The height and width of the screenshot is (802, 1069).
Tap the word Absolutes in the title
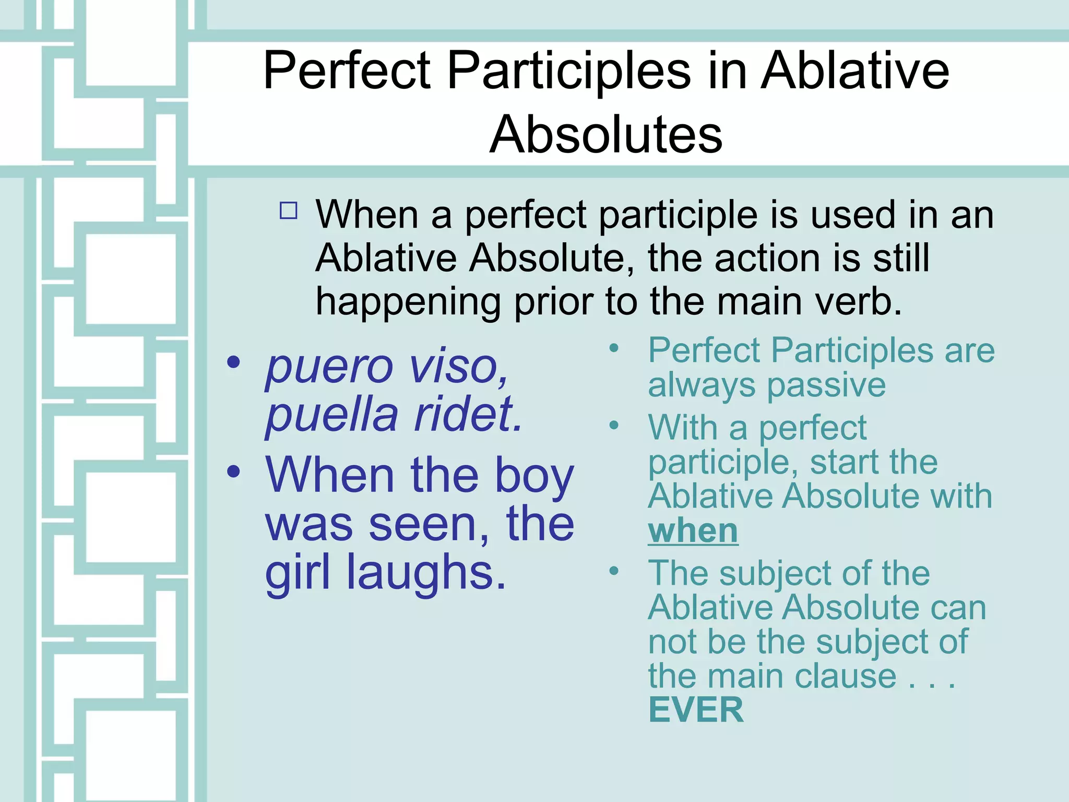click(605, 135)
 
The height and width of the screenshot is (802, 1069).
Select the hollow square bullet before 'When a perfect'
click(289, 210)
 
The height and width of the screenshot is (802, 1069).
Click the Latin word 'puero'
click(329, 367)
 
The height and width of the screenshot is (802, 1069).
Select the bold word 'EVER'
click(695, 710)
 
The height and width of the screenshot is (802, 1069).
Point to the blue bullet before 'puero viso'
click(233, 362)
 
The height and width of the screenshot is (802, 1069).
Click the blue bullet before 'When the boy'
click(233, 471)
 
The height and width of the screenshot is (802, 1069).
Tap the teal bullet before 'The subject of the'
click(614, 571)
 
